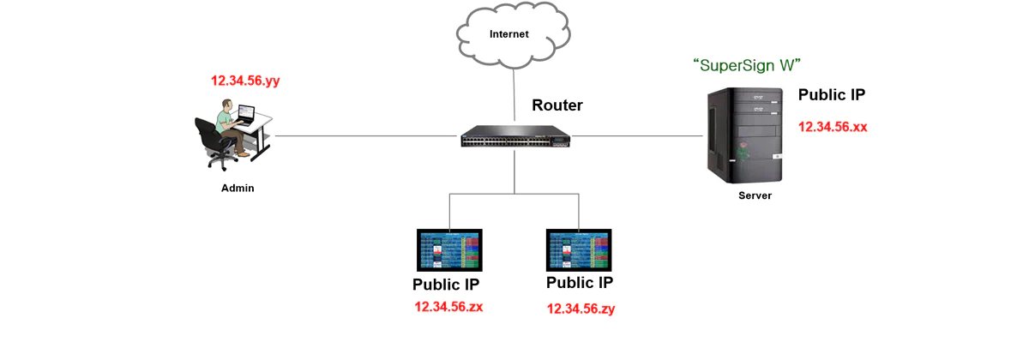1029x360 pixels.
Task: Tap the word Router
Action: pyautogui.click(x=557, y=105)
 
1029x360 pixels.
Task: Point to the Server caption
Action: pyautogui.click(x=755, y=195)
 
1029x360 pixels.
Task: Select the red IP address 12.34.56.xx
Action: pyautogui.click(x=833, y=127)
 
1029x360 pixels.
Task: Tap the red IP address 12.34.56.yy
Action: pyautogui.click(x=245, y=81)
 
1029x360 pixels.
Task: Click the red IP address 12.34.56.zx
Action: pyautogui.click(x=448, y=306)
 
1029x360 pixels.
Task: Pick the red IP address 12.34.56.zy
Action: pyautogui.click(x=581, y=309)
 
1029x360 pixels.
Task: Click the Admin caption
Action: pyautogui.click(x=238, y=188)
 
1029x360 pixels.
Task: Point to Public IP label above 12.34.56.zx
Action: pyautogui.click(x=446, y=285)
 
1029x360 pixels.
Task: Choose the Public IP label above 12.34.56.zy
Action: pyautogui.click(x=580, y=284)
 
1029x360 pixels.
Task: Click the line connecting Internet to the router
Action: pyautogui.click(x=514, y=94)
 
